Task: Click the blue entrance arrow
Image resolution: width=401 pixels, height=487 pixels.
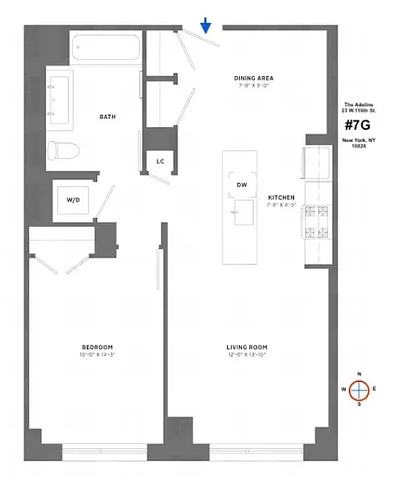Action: pyautogui.click(x=206, y=25)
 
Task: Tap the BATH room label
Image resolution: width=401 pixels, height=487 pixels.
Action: pyautogui.click(x=108, y=117)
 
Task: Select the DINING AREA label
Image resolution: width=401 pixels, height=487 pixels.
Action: pyautogui.click(x=254, y=78)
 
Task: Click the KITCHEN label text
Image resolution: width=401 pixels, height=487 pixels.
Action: pyautogui.click(x=281, y=198)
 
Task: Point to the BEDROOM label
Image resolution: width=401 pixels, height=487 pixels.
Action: pyautogui.click(x=96, y=347)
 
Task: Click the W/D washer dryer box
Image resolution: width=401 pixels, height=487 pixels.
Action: pyautogui.click(x=72, y=199)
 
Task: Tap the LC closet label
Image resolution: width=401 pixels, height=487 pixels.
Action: pyautogui.click(x=160, y=161)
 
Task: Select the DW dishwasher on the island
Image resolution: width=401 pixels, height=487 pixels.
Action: pyautogui.click(x=241, y=185)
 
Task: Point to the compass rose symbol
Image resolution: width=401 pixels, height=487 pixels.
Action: pyautogui.click(x=359, y=389)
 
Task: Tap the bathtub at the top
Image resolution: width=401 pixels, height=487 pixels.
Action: pyautogui.click(x=104, y=47)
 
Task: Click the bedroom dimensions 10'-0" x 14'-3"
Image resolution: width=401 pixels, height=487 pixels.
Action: pyautogui.click(x=96, y=354)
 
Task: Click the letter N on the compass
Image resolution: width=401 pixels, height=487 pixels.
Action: pyautogui.click(x=359, y=374)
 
